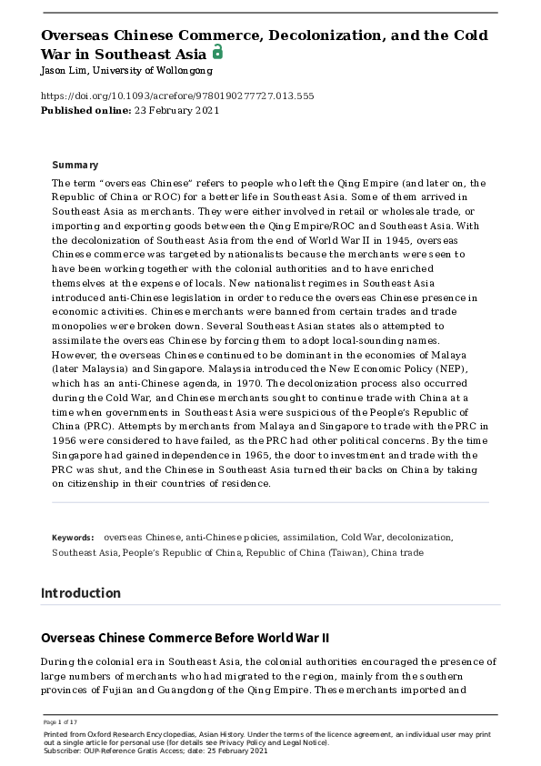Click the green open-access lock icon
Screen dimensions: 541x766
pos(217,53)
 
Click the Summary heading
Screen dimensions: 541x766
pos(75,165)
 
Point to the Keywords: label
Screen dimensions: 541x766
pos(73,538)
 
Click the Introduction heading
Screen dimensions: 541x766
pos(81,593)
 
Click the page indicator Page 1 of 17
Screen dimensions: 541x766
pos(60,721)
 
